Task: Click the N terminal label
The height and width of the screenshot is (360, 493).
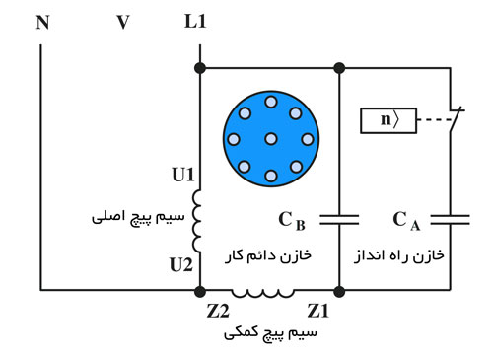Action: coord(42,21)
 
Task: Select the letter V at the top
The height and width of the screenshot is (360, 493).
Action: coord(122,21)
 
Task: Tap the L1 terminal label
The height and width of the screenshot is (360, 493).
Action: coord(195,21)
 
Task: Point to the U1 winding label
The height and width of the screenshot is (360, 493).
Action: coord(182,177)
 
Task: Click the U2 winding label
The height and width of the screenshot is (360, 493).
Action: coord(182,263)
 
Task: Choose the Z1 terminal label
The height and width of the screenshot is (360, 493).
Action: coord(319,310)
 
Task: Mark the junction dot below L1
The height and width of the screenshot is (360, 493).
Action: coord(200,67)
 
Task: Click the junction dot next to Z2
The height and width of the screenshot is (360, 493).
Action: coord(200,291)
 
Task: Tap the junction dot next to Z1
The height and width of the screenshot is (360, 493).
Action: coord(339,291)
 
